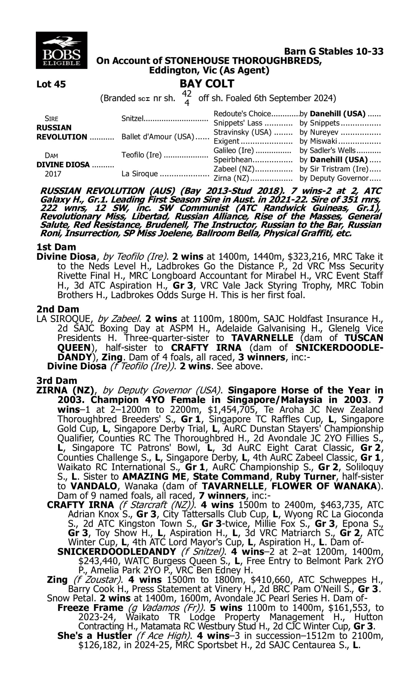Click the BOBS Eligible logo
point(61,50)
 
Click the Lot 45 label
point(51,84)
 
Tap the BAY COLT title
point(207,84)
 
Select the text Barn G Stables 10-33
point(334,52)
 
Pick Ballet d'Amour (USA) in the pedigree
point(158,137)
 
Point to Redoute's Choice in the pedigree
point(242,114)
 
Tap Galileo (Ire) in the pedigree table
point(234,151)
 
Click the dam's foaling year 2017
point(53,174)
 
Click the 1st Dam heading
point(56,247)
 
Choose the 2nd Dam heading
point(58,309)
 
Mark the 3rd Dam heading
point(57,381)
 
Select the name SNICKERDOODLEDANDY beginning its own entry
point(116,552)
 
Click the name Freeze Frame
point(90,608)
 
